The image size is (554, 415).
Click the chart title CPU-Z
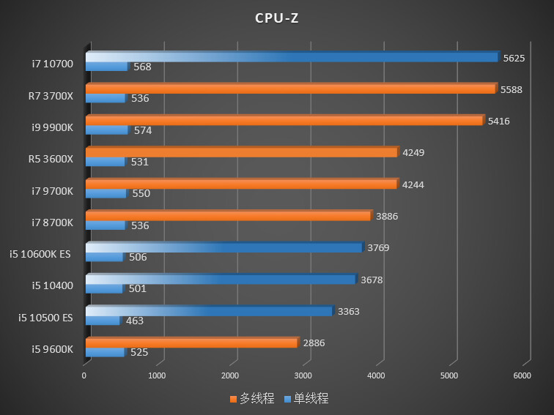tap(276, 18)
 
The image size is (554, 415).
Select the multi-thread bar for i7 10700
tap(292, 57)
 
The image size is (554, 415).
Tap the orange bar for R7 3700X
tap(290, 89)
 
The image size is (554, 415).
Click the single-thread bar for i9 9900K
tap(106, 130)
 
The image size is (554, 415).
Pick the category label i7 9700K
tap(52, 191)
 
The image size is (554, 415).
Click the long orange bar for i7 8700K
tap(228, 216)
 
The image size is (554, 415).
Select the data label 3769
tap(378, 247)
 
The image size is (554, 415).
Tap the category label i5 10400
tap(52, 285)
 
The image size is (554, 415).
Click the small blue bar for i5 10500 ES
tap(103, 321)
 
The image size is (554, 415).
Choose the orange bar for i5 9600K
tap(191, 343)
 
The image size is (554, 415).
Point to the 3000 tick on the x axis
tap(303, 375)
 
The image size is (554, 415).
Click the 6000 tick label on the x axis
tap(522, 375)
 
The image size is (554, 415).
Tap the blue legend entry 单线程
tap(306, 399)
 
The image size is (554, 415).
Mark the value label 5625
tap(513, 58)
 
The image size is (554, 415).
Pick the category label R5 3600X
tap(51, 159)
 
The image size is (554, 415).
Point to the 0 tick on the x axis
tap(84, 375)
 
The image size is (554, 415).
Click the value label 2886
tap(314, 343)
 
